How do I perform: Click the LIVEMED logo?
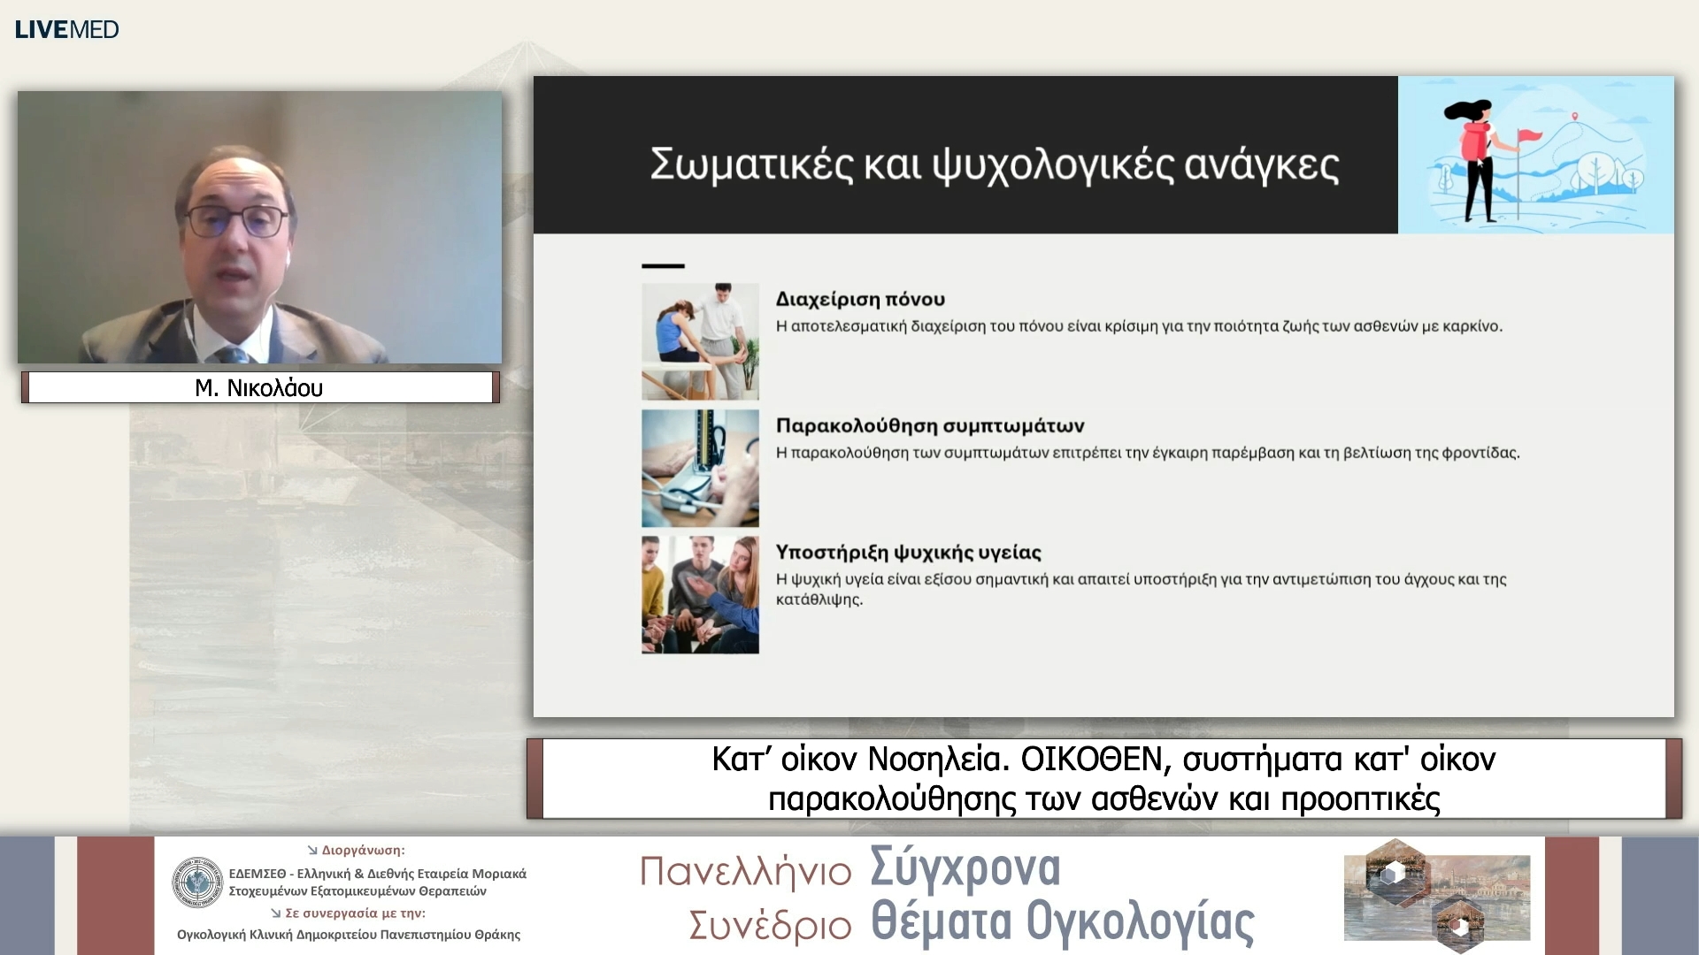coord(66,29)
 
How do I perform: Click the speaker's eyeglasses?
coord(236,219)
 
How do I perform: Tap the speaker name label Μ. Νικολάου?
coord(259,387)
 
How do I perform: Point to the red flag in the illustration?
coord(1529,136)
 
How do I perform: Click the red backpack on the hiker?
coord(1473,141)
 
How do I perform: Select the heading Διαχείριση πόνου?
coord(860,299)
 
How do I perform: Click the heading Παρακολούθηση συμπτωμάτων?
coord(930,425)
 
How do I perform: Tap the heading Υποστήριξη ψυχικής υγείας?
coord(908,552)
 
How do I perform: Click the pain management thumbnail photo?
coord(700,341)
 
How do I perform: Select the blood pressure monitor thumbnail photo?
coord(700,468)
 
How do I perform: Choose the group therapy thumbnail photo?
coord(700,594)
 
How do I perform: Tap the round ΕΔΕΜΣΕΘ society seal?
coord(197,882)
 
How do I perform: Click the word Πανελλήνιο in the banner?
coord(745,872)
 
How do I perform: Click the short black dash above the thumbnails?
coord(663,265)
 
